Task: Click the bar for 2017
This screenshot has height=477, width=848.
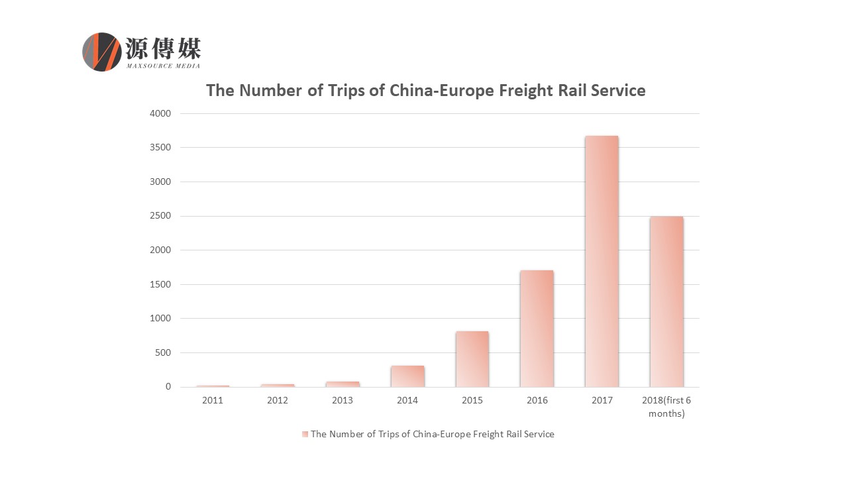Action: (x=602, y=261)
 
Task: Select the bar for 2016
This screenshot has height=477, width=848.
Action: (x=537, y=329)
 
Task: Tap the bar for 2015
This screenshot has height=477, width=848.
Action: (x=472, y=359)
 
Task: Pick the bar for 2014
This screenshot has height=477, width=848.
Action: (x=407, y=376)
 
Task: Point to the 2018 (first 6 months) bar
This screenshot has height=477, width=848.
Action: (x=666, y=301)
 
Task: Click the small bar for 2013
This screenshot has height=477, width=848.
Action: (x=343, y=384)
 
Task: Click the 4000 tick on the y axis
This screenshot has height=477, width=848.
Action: (x=162, y=113)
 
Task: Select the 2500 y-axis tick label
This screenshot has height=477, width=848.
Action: (x=162, y=216)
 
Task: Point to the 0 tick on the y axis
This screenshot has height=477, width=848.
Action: (x=168, y=387)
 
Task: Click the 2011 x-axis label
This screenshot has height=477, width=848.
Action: (x=213, y=401)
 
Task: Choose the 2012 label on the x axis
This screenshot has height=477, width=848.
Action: (x=278, y=401)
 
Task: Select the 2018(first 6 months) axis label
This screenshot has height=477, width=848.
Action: (x=666, y=407)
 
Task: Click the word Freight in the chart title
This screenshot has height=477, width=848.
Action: (x=514, y=90)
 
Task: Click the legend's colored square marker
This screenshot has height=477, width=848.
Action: (x=305, y=434)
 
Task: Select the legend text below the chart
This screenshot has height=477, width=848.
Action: (x=432, y=434)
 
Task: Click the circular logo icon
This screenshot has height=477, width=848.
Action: (x=101, y=52)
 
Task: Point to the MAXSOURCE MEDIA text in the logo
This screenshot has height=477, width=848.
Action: (x=163, y=66)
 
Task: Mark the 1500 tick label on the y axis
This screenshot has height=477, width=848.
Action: (x=162, y=284)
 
